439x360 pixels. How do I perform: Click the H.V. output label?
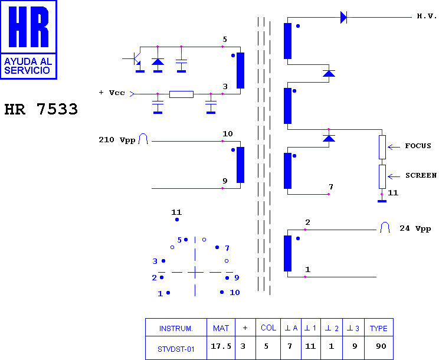pyautogui.click(x=427, y=17)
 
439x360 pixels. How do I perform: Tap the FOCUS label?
pyautogui.click(x=418, y=146)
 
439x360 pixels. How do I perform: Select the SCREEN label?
pyautogui.click(x=421, y=175)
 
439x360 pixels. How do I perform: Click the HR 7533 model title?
pyautogui.click(x=41, y=109)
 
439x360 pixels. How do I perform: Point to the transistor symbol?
pyautogui.click(x=136, y=59)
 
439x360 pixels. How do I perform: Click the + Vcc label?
pyautogui.click(x=112, y=93)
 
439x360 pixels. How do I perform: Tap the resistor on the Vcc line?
pyautogui.click(x=181, y=94)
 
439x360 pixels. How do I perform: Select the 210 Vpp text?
pyautogui.click(x=117, y=140)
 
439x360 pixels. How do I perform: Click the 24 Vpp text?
pyautogui.click(x=415, y=228)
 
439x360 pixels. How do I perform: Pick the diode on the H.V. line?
pyautogui.click(x=343, y=17)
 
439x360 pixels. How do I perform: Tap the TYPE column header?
pyautogui.click(x=379, y=328)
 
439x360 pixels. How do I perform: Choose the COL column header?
pyautogui.click(x=268, y=328)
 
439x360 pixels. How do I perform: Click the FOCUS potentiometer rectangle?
pyautogui.click(x=382, y=148)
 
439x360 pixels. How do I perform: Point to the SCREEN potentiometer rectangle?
pyautogui.click(x=382, y=176)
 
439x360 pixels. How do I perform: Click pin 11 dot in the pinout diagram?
pyautogui.click(x=177, y=220)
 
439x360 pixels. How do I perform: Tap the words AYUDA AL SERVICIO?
pyautogui.click(x=28, y=66)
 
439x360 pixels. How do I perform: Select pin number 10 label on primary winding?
pyautogui.click(x=228, y=133)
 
